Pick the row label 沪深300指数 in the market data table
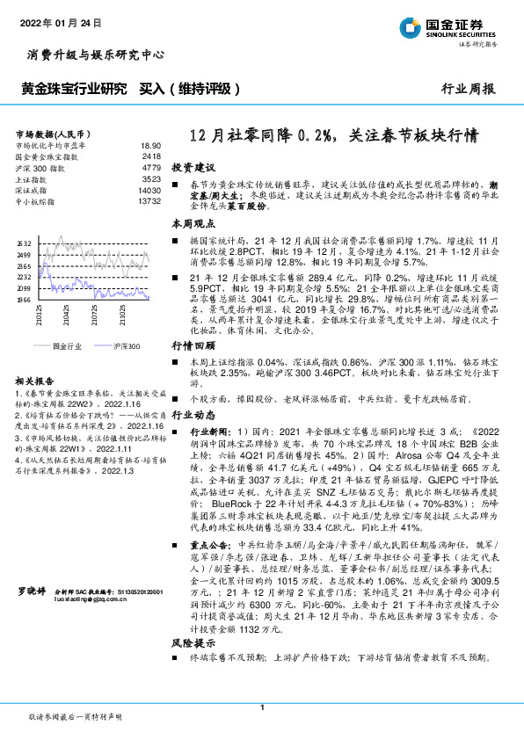[x=40, y=167]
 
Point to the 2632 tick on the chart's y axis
[x=24, y=243]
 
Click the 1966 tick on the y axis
[x=24, y=300]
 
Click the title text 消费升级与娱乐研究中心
[x=91, y=54]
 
